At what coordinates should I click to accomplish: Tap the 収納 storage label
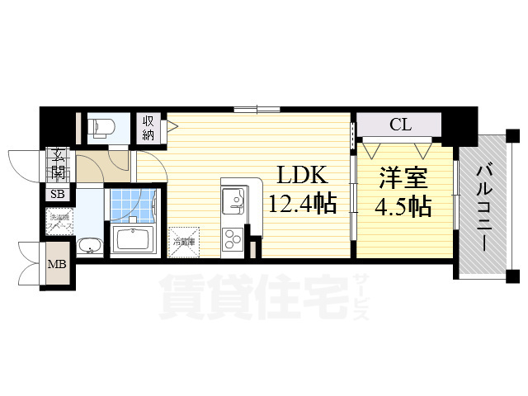click(x=148, y=128)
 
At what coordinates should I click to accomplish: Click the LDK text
click(x=302, y=175)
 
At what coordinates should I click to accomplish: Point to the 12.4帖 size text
click(x=302, y=203)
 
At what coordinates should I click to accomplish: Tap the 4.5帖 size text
click(x=403, y=206)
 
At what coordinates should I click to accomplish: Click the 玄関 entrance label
click(x=59, y=164)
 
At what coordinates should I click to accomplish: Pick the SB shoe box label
click(x=58, y=195)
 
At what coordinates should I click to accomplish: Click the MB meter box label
click(x=57, y=265)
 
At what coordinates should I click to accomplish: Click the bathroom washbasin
click(x=88, y=245)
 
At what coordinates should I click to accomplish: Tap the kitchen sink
click(x=232, y=199)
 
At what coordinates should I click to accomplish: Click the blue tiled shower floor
click(x=132, y=206)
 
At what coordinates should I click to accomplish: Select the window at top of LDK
click(x=257, y=108)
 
